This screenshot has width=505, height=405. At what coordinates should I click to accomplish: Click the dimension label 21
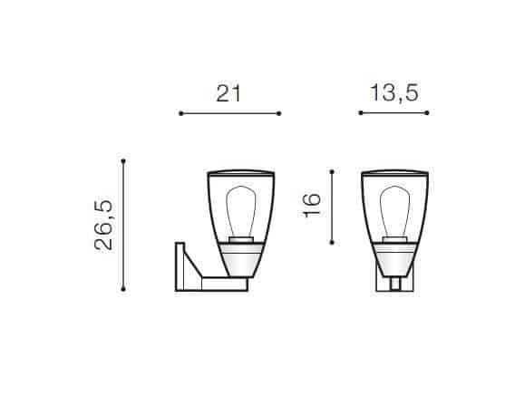click(228, 93)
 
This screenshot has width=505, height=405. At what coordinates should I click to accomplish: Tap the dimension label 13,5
click(394, 93)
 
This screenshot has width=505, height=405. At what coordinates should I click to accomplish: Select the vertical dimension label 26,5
click(103, 225)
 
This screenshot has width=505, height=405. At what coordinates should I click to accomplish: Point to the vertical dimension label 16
click(312, 205)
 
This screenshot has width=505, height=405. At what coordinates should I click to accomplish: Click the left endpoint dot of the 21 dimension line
click(181, 113)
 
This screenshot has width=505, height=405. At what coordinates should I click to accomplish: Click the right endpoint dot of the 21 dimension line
click(279, 113)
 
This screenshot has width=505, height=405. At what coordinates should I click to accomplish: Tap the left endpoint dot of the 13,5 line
click(361, 112)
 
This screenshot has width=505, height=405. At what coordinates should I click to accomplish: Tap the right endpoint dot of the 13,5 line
click(427, 112)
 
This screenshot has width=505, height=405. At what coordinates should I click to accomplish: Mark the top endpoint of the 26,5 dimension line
click(123, 160)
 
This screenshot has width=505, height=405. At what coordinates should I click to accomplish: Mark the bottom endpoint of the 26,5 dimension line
click(123, 289)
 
